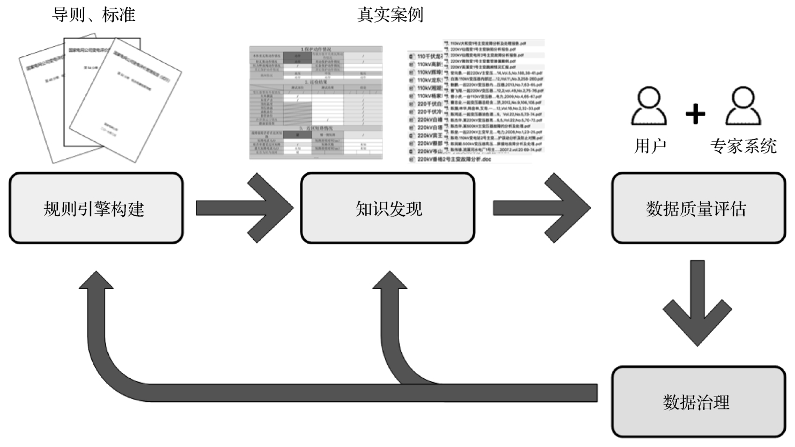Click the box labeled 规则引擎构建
(x=96, y=208)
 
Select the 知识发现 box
(x=387, y=208)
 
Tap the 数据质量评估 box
(x=698, y=208)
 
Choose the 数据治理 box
(x=698, y=402)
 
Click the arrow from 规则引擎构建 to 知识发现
(x=244, y=208)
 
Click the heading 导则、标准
(x=93, y=14)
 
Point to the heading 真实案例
(x=390, y=14)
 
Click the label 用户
(x=650, y=145)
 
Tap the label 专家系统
(x=743, y=145)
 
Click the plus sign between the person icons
(x=695, y=114)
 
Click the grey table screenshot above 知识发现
(x=316, y=102)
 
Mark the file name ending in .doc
(x=454, y=159)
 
